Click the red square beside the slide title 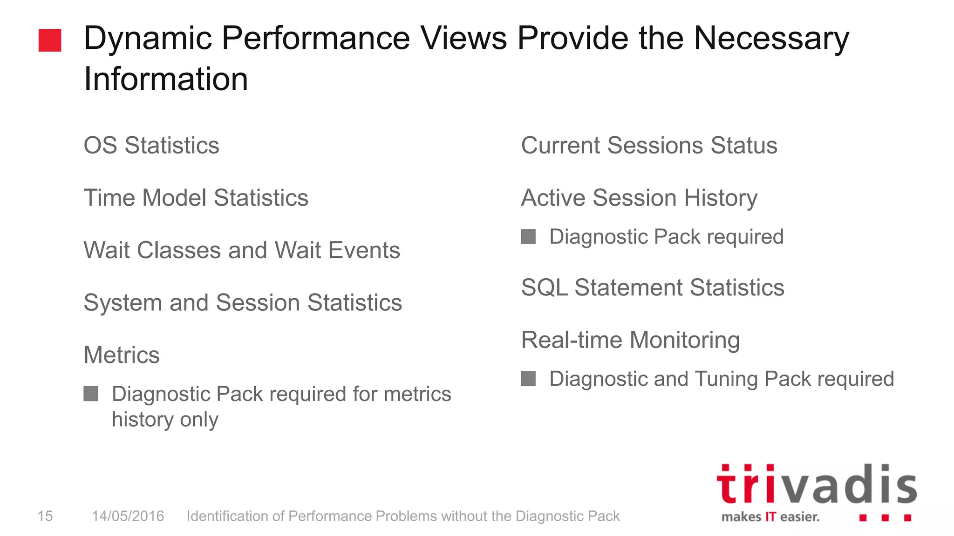click(x=50, y=40)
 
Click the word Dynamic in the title click(x=148, y=38)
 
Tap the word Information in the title click(x=166, y=79)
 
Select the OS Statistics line click(x=151, y=145)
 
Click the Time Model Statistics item click(x=196, y=198)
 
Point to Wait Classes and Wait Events click(x=242, y=250)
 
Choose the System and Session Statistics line click(x=243, y=303)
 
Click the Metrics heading click(x=122, y=355)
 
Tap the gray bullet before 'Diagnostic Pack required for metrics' click(x=91, y=394)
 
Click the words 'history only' click(x=165, y=420)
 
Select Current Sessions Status click(x=649, y=145)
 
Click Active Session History click(x=639, y=198)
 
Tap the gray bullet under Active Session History click(x=528, y=236)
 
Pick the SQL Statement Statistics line click(x=653, y=288)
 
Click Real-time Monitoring click(x=630, y=340)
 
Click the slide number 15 click(x=45, y=516)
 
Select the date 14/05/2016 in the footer click(x=128, y=516)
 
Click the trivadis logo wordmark click(x=816, y=485)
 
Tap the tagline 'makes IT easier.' click(x=770, y=517)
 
